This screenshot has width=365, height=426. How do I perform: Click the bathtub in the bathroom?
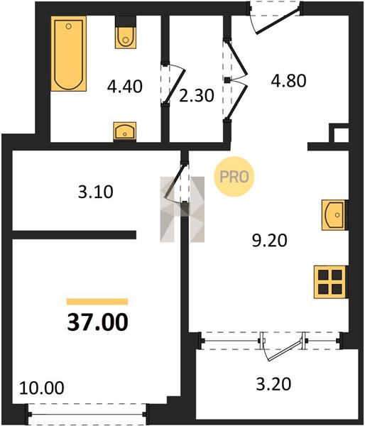click(x=69, y=53)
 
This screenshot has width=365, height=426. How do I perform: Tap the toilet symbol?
click(x=125, y=33)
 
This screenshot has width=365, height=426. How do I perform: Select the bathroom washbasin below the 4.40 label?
click(x=125, y=132)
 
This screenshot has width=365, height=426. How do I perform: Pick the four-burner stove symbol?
click(x=331, y=282)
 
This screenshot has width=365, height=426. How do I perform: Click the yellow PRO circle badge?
click(x=234, y=177)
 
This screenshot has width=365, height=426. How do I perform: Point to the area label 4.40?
click(x=125, y=87)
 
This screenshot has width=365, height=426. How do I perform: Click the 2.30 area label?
click(x=197, y=96)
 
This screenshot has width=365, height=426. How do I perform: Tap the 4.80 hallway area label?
click(x=288, y=80)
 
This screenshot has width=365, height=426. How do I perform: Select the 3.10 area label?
click(x=96, y=192)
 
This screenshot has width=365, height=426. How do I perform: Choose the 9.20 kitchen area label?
click(x=269, y=241)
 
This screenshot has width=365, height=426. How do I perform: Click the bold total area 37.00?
click(x=97, y=322)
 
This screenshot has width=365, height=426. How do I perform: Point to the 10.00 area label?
click(x=42, y=388)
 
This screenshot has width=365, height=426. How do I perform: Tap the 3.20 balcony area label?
click(x=273, y=384)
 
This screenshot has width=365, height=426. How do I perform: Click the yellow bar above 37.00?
click(x=97, y=302)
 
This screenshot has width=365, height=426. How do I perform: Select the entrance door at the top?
click(x=278, y=22)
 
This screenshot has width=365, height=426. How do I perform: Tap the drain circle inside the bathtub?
click(x=69, y=26)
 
